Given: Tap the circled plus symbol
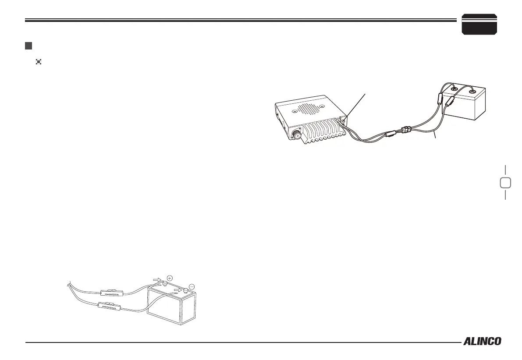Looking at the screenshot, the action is pyautogui.click(x=170, y=277).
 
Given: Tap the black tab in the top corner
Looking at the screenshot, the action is pyautogui.click(x=479, y=25).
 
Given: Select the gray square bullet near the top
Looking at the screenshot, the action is pyautogui.click(x=28, y=46).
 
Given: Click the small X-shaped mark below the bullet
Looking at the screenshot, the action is pyautogui.click(x=38, y=63).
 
